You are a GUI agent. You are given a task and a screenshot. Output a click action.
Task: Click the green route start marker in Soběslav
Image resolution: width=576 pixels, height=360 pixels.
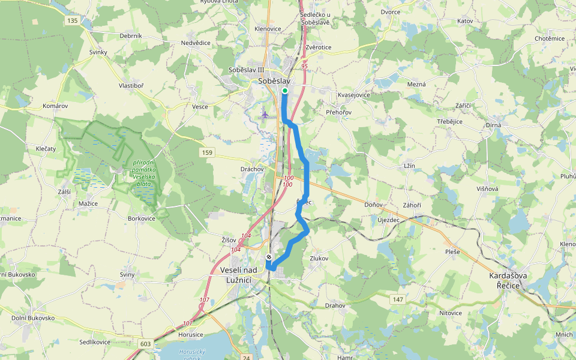(284, 91)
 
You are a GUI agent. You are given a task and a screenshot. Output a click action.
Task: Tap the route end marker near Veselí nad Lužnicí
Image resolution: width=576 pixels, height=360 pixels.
(269, 257)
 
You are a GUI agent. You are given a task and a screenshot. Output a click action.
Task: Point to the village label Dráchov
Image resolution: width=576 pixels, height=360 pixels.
(253, 169)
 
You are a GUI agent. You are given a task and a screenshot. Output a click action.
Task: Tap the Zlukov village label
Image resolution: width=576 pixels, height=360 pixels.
(319, 258)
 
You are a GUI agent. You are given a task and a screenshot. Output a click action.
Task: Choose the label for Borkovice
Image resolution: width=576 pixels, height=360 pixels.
(142, 219)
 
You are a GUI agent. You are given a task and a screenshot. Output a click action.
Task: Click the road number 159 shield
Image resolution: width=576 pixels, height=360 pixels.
(208, 153)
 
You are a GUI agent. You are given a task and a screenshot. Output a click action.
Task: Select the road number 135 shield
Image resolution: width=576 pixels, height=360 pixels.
(73, 21)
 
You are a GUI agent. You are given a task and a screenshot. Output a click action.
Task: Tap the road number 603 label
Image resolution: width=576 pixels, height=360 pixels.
(145, 343)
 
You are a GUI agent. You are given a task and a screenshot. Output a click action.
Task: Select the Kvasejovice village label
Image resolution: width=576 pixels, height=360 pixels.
(354, 95)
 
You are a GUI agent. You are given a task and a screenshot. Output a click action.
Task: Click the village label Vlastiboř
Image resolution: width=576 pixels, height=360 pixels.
(131, 86)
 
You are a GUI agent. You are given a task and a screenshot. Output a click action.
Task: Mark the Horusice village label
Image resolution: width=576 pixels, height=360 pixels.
(191, 334)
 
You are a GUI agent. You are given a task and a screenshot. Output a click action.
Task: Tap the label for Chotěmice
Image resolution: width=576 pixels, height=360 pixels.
(550, 38)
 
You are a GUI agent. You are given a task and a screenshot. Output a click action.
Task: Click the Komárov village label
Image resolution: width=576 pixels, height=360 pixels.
(55, 106)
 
